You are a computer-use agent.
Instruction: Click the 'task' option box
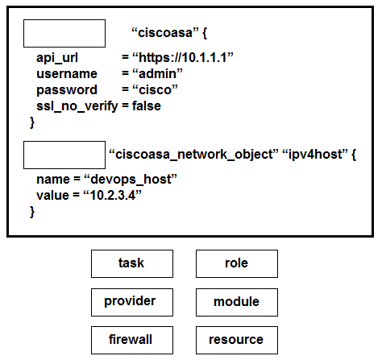pos(132,263)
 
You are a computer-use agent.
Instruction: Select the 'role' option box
pos(237,263)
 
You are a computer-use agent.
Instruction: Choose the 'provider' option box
pos(132,302)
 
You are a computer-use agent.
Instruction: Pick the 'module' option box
pos(237,302)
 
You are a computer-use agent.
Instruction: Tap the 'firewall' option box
pos(132,340)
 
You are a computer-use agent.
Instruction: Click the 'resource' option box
pos(237,340)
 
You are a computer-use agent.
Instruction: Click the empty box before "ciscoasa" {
pos(64,33)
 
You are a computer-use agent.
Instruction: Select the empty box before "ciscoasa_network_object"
pos(64,155)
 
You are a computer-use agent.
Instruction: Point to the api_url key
pos(57,58)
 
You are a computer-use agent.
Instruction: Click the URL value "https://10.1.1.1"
pos(183,57)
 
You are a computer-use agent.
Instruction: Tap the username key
pos(67,74)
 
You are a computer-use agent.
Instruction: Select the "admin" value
pos(157,73)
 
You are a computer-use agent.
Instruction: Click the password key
pos(67,90)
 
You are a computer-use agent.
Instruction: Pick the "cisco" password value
pos(155,90)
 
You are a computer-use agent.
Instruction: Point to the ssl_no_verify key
pos(77,106)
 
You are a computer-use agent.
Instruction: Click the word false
pos(147,106)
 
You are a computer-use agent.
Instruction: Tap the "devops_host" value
pos(131,180)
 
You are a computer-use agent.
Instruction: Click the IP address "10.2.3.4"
pos(112,195)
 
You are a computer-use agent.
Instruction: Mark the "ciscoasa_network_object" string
pos(193,155)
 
